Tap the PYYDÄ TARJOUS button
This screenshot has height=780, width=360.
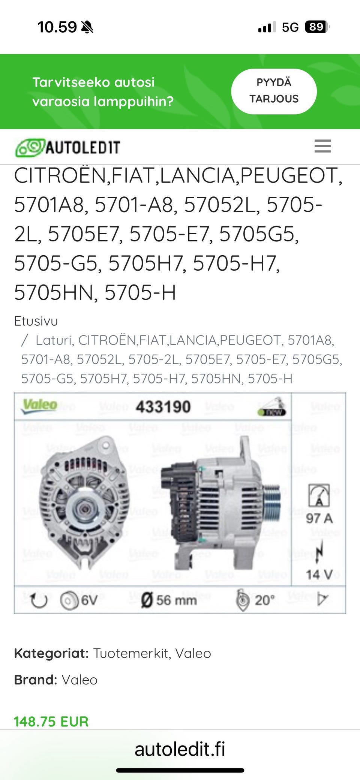click(x=274, y=91)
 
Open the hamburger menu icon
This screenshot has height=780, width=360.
click(x=322, y=146)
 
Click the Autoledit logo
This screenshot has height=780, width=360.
click(x=67, y=147)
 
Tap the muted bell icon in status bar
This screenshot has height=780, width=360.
click(x=87, y=27)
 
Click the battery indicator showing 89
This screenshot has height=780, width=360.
click(x=317, y=27)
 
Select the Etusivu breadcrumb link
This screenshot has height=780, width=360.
click(x=36, y=321)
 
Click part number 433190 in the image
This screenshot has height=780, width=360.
click(x=163, y=407)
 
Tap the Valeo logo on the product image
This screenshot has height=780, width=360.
click(x=40, y=406)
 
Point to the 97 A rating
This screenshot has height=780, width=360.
click(x=319, y=518)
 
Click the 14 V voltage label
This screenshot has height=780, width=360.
click(x=319, y=575)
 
